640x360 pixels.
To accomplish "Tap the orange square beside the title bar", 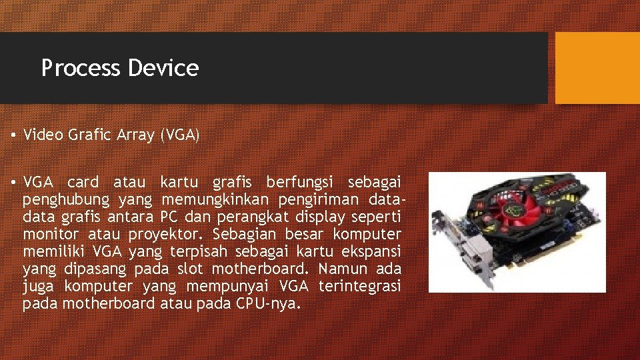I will (597, 68).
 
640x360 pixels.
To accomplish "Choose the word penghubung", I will (66, 199).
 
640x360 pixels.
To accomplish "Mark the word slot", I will (191, 269).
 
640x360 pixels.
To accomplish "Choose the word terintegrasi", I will (360, 286).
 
